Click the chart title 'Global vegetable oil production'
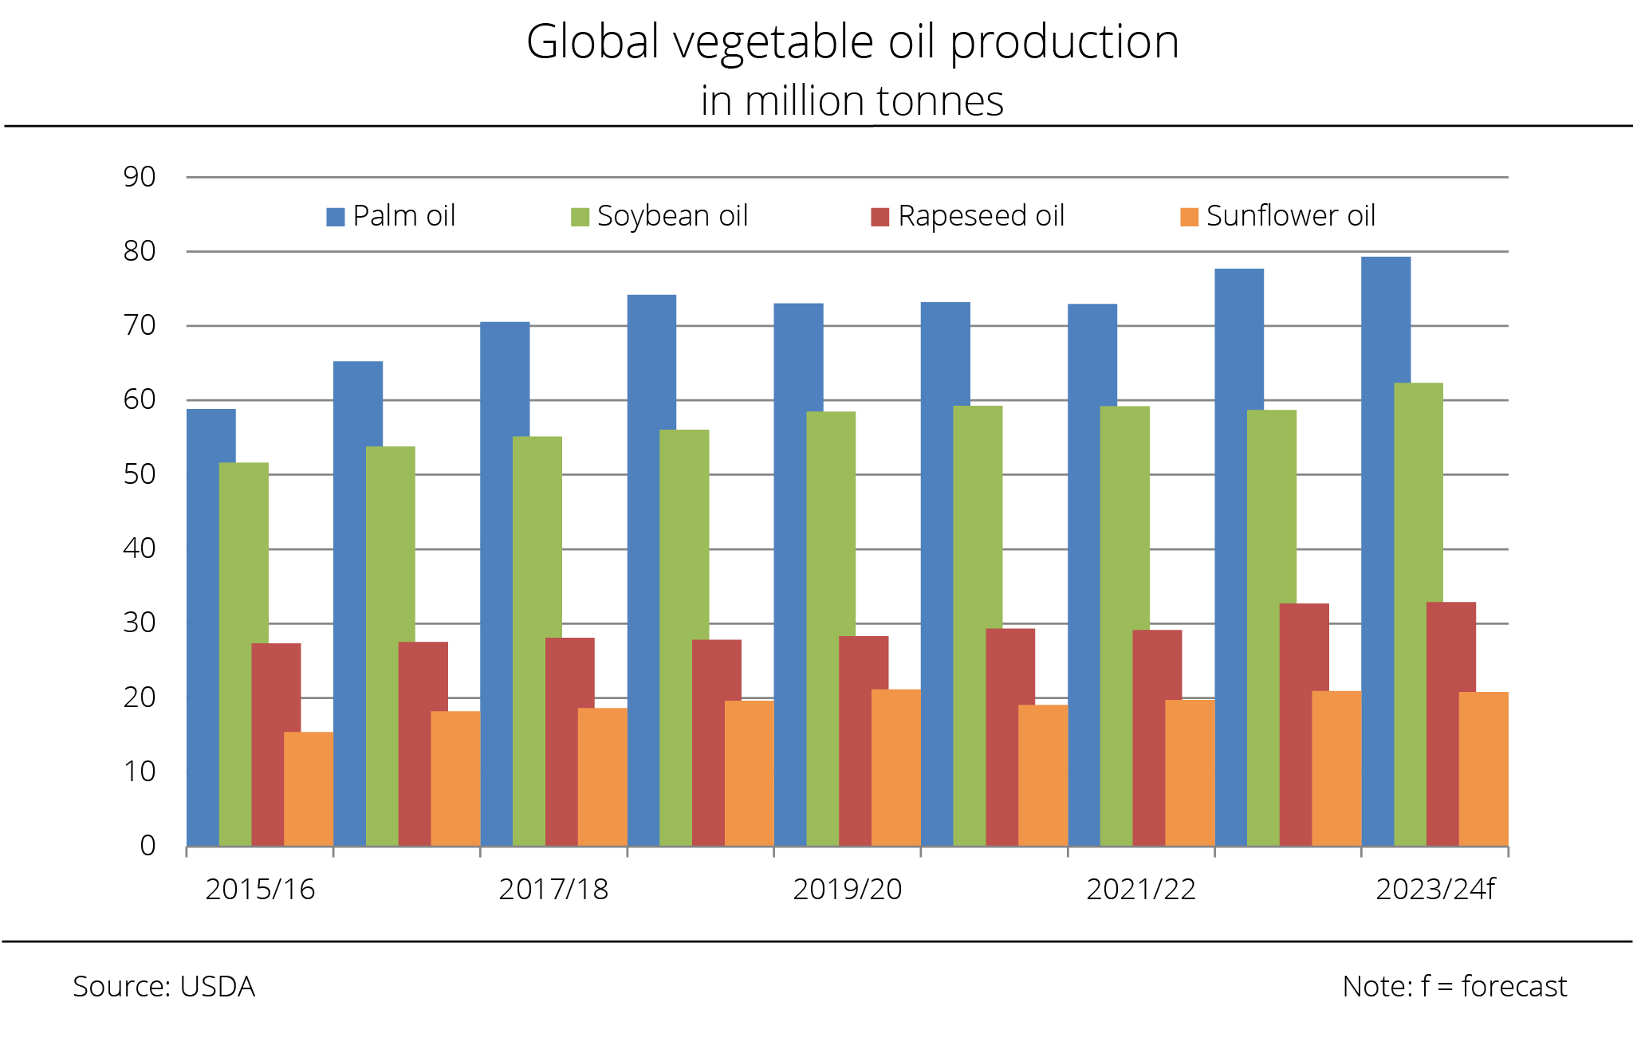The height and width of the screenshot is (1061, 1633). pos(852,41)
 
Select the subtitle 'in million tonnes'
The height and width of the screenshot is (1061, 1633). pos(852,101)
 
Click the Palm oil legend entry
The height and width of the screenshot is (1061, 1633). pos(392,216)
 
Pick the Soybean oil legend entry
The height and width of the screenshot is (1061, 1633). pos(660,216)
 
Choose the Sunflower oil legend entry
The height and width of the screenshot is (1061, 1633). pos(1278,216)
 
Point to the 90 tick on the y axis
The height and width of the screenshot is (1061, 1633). pos(140,177)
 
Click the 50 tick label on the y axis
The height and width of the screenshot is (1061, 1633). pos(140,474)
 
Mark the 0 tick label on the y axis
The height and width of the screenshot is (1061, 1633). pos(148,846)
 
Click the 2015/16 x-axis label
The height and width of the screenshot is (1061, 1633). pos(260,890)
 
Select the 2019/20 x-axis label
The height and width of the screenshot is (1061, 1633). pos(847,890)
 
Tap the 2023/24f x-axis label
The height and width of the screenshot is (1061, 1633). pos(1435,890)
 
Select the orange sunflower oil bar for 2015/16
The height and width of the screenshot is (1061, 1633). pos(309,789)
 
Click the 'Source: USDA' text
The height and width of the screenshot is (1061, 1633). pos(163,987)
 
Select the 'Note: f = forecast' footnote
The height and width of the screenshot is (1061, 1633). pos(1454,987)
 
